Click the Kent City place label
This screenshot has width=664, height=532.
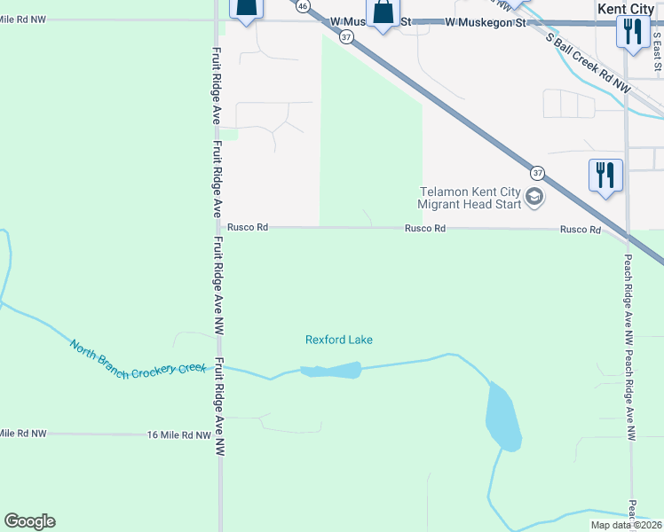(626, 9)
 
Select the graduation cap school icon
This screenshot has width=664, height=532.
(534, 197)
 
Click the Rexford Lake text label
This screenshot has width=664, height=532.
(339, 340)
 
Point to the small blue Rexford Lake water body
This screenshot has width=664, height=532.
(331, 371)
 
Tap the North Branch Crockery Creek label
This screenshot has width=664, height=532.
(138, 359)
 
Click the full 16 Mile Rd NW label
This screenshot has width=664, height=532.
(178, 435)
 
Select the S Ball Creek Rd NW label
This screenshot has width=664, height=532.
(588, 64)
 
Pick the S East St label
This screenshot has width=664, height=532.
(657, 52)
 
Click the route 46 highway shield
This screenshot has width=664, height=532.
(304, 6)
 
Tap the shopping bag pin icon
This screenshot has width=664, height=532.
(383, 13)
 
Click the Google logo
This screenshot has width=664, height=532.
(29, 521)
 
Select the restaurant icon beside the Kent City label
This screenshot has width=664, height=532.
(632, 34)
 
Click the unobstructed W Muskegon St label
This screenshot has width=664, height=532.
(486, 21)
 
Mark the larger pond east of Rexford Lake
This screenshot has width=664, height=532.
(503, 418)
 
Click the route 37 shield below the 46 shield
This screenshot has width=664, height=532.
(346, 36)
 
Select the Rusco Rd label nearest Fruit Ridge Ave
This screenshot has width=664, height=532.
(248, 228)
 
